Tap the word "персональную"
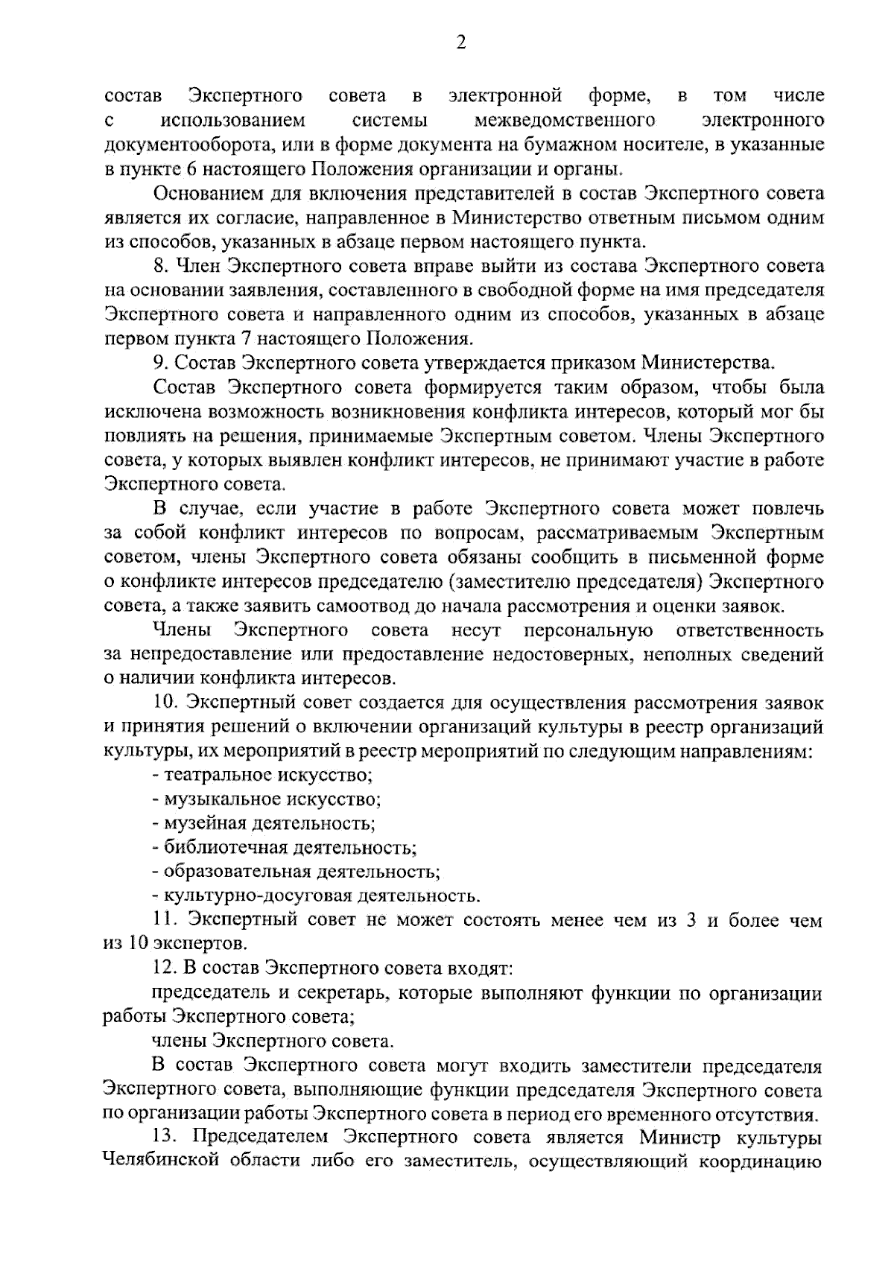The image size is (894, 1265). [588, 630]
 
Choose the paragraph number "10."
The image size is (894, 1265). [166, 703]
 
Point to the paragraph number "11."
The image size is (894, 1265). [165, 920]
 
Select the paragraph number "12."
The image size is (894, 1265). [166, 968]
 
